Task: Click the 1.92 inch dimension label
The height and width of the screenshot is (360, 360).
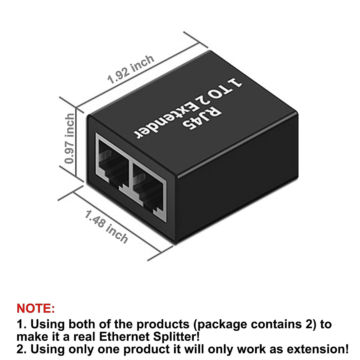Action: pos(131,69)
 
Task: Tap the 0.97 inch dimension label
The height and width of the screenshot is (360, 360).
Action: pos(70,138)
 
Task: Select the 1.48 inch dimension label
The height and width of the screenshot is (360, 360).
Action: pos(106,226)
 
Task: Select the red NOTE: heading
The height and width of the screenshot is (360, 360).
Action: pos(36,308)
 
